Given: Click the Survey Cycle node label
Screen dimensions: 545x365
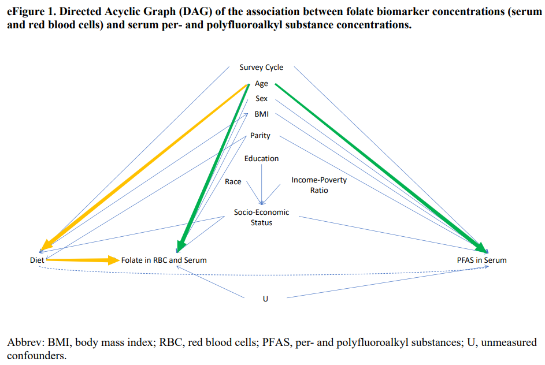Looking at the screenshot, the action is (x=261, y=68).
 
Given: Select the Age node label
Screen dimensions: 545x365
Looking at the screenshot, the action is (x=261, y=84).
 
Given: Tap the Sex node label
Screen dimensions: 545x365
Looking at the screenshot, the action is (x=261, y=99).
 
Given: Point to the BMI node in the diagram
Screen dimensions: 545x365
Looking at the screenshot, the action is (x=261, y=114).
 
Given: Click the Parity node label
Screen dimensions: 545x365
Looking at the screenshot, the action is (x=260, y=136).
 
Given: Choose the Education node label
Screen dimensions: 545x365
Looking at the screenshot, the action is (x=261, y=158).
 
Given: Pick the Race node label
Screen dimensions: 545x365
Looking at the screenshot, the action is (x=233, y=181).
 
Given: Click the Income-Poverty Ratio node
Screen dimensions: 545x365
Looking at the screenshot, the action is (x=319, y=185).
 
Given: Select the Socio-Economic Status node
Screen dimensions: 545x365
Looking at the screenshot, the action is (x=261, y=217).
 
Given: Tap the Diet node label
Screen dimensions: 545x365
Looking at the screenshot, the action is (x=37, y=260).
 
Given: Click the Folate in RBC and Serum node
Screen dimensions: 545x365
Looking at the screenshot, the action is (x=164, y=260).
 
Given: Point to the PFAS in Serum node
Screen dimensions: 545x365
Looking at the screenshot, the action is (x=481, y=260).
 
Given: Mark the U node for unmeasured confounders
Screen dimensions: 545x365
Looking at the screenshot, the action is (x=265, y=299).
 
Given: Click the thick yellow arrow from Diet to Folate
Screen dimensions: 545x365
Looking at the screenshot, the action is (x=81, y=260).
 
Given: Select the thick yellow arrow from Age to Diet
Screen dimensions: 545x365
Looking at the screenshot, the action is (x=144, y=166).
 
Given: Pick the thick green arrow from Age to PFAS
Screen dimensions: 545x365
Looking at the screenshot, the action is (x=381, y=165).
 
